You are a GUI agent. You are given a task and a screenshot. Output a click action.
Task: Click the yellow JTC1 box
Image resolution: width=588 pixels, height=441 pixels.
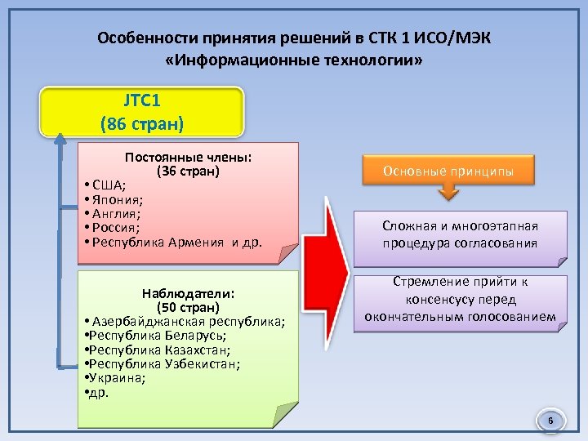tap(142, 111)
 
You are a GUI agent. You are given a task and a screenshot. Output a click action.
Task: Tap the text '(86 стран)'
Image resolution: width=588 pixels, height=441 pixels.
tap(142, 124)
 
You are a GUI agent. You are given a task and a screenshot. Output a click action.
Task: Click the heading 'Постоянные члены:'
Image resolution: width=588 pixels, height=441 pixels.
tap(188, 158)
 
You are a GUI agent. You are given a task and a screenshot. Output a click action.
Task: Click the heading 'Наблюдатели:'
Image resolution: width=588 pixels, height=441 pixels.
tap(188, 293)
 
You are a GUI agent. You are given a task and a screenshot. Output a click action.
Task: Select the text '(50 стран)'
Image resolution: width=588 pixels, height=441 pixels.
tap(188, 307)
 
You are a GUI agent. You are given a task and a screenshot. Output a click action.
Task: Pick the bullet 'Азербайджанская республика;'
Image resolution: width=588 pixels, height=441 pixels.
tap(188, 321)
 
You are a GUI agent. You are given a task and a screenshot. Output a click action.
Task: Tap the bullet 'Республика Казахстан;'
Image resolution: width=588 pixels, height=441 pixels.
tap(159, 350)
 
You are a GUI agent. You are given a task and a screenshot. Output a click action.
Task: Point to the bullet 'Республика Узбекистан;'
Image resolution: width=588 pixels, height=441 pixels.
tap(163, 363)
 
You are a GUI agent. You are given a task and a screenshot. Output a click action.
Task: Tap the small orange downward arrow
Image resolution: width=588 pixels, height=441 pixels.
tap(448, 194)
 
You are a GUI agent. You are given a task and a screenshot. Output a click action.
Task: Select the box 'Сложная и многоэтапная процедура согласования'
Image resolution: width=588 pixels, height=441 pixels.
tap(460, 234)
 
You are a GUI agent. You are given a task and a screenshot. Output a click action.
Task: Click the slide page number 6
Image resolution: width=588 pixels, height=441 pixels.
tap(550, 421)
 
